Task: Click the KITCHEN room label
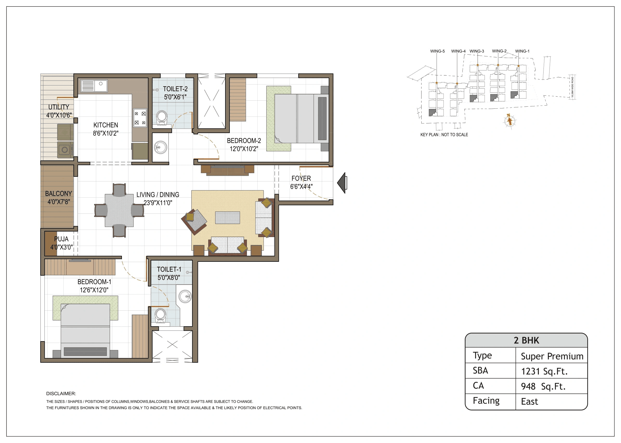tap(106, 125)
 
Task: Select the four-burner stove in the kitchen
tap(140, 118)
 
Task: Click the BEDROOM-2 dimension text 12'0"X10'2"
tap(244, 149)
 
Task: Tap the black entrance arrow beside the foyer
tap(342, 183)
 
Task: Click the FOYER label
tap(301, 178)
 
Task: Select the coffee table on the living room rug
tap(227, 218)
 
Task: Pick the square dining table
tap(119, 210)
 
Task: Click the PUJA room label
tap(61, 239)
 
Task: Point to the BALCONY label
tap(58, 194)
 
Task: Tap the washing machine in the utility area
tap(65, 149)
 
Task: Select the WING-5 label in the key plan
tap(437, 51)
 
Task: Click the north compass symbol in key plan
tap(509, 120)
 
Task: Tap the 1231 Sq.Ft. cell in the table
tap(544, 371)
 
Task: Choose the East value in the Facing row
tap(529, 402)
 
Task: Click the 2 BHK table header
tap(526, 340)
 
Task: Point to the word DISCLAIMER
tap(61, 394)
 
